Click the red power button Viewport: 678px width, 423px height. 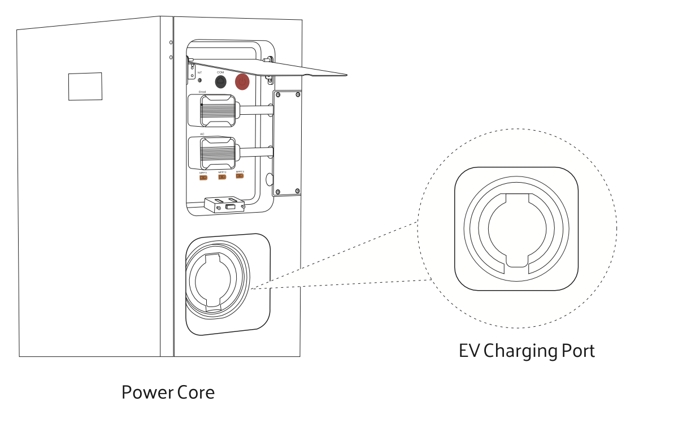(242, 82)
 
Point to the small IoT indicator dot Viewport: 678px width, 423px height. (199, 80)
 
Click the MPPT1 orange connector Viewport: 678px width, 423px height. (203, 177)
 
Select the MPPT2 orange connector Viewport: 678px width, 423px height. (222, 177)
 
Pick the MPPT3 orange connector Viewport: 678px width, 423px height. (240, 176)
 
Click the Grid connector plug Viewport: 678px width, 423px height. (218, 110)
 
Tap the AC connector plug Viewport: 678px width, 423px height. (218, 152)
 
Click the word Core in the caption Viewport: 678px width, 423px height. (197, 392)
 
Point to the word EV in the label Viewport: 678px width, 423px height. (470, 351)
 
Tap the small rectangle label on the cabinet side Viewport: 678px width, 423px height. (85, 86)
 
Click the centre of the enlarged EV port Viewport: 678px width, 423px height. (516, 229)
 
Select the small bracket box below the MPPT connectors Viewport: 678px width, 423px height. (224, 204)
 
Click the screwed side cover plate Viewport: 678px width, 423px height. (286, 143)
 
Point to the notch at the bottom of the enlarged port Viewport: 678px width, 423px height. (516, 260)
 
